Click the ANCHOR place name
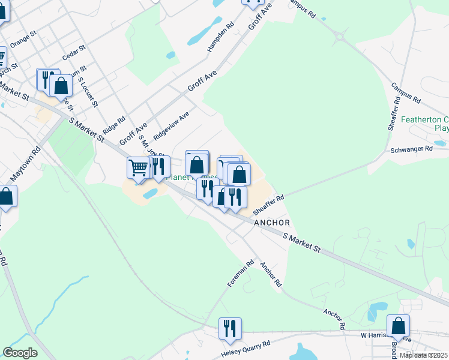click(x=273, y=222)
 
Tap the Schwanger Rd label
click(x=411, y=149)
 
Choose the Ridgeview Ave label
click(x=171, y=124)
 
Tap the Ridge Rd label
click(x=113, y=124)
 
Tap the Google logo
click(x=20, y=353)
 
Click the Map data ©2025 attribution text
click(x=424, y=355)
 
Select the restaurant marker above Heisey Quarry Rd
click(x=230, y=328)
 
